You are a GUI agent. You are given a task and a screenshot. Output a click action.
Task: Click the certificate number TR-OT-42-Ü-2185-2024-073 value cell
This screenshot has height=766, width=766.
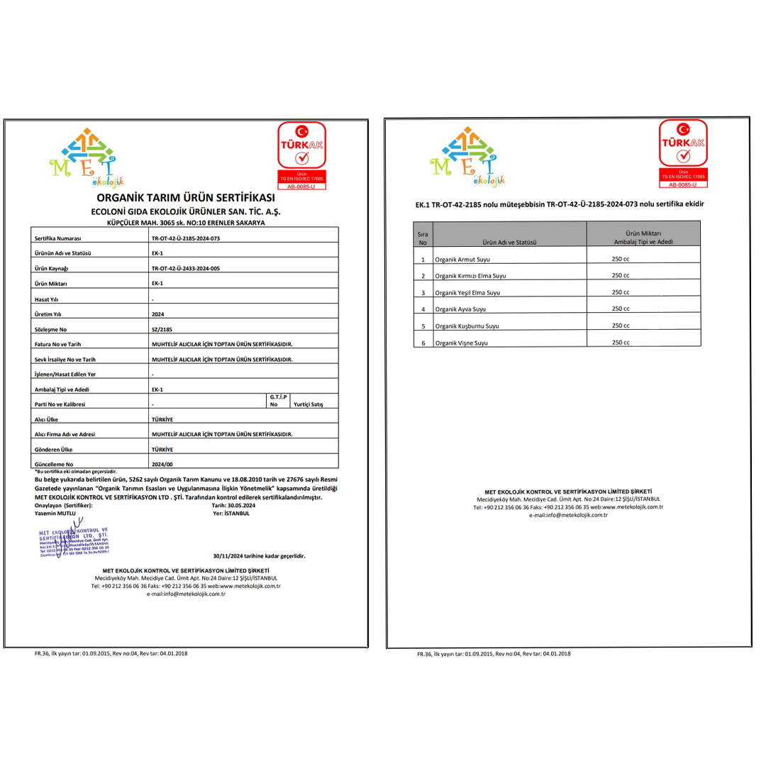pyautogui.click(x=186, y=238)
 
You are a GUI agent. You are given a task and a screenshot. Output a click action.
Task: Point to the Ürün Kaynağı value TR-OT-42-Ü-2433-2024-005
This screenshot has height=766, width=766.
pyautogui.click(x=186, y=269)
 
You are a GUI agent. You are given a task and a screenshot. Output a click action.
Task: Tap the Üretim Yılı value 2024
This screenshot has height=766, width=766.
pyautogui.click(x=157, y=313)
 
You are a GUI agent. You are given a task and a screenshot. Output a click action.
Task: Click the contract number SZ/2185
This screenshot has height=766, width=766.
pyautogui.click(x=162, y=329)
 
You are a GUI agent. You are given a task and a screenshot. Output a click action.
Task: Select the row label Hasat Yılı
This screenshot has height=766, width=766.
pyautogui.click(x=48, y=299)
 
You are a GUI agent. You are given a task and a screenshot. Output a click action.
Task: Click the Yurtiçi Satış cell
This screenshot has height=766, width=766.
pyautogui.click(x=308, y=404)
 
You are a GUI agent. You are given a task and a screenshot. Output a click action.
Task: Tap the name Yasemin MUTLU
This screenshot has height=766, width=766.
pyautogui.click(x=55, y=512)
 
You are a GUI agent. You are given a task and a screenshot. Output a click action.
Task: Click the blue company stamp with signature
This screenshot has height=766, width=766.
pyautogui.click(x=73, y=542)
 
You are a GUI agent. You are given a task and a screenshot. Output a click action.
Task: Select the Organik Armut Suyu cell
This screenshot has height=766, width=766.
pyautogui.click(x=462, y=260)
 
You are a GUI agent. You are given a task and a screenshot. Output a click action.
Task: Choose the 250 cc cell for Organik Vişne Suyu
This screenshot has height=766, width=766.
pyautogui.click(x=621, y=343)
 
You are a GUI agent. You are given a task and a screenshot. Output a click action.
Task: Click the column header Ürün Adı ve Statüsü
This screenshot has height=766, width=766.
pyautogui.click(x=508, y=242)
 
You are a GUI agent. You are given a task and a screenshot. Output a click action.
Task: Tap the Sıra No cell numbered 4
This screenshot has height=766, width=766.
pyautogui.click(x=423, y=310)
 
